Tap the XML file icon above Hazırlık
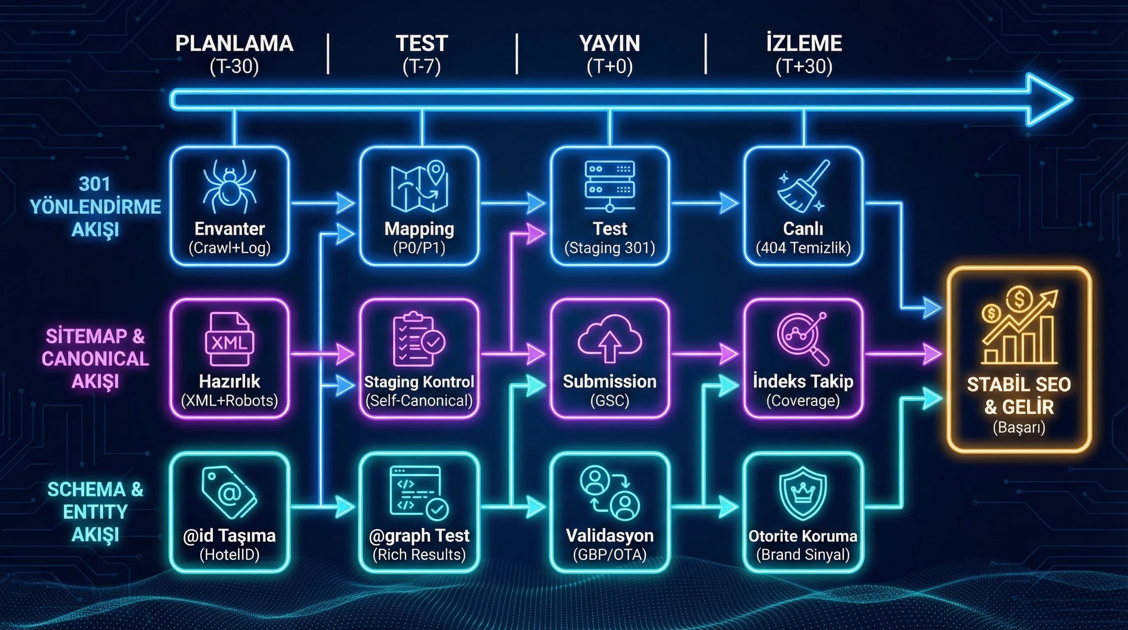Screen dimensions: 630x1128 (x=230, y=340)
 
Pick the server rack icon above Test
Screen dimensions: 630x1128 (x=609, y=186)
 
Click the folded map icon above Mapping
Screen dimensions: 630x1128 (x=419, y=186)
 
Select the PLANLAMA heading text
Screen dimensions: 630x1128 (x=234, y=44)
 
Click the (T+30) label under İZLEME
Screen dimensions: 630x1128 (x=803, y=66)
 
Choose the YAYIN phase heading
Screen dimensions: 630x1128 (x=609, y=44)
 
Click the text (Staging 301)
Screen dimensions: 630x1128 (x=609, y=248)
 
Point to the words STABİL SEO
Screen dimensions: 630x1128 (x=1019, y=385)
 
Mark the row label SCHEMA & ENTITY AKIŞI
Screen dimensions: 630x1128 (x=95, y=512)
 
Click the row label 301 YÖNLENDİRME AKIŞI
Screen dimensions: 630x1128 (x=95, y=206)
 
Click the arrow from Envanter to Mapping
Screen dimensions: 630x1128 (x=323, y=203)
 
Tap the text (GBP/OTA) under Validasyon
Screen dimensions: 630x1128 (x=609, y=555)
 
